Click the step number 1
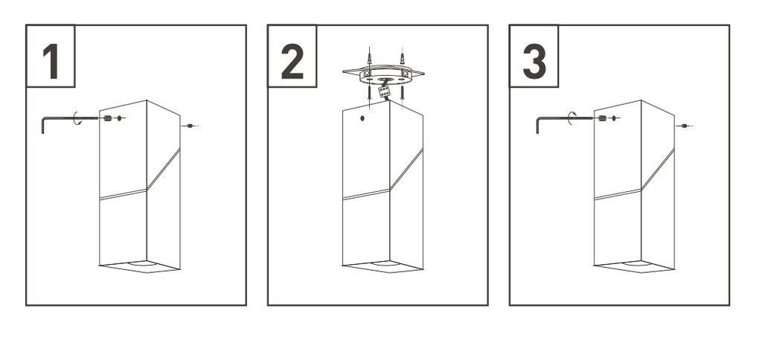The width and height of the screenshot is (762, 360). (x=51, y=62)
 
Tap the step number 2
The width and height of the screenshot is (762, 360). (x=292, y=61)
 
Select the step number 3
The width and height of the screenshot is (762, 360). (x=534, y=61)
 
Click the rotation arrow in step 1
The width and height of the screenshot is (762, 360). (x=75, y=118)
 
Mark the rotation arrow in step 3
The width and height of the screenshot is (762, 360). (x=571, y=118)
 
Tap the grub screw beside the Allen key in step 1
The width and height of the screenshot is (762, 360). (x=107, y=118)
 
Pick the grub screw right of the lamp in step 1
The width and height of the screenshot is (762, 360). (x=190, y=126)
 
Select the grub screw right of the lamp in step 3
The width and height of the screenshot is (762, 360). (x=685, y=126)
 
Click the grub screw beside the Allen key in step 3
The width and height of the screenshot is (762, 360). (x=603, y=118)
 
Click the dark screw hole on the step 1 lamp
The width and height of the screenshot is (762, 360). (x=120, y=118)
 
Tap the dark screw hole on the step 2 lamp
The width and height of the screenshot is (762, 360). (x=362, y=118)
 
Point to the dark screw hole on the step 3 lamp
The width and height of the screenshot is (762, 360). (x=614, y=118)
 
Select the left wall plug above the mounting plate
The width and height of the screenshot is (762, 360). (x=370, y=57)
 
